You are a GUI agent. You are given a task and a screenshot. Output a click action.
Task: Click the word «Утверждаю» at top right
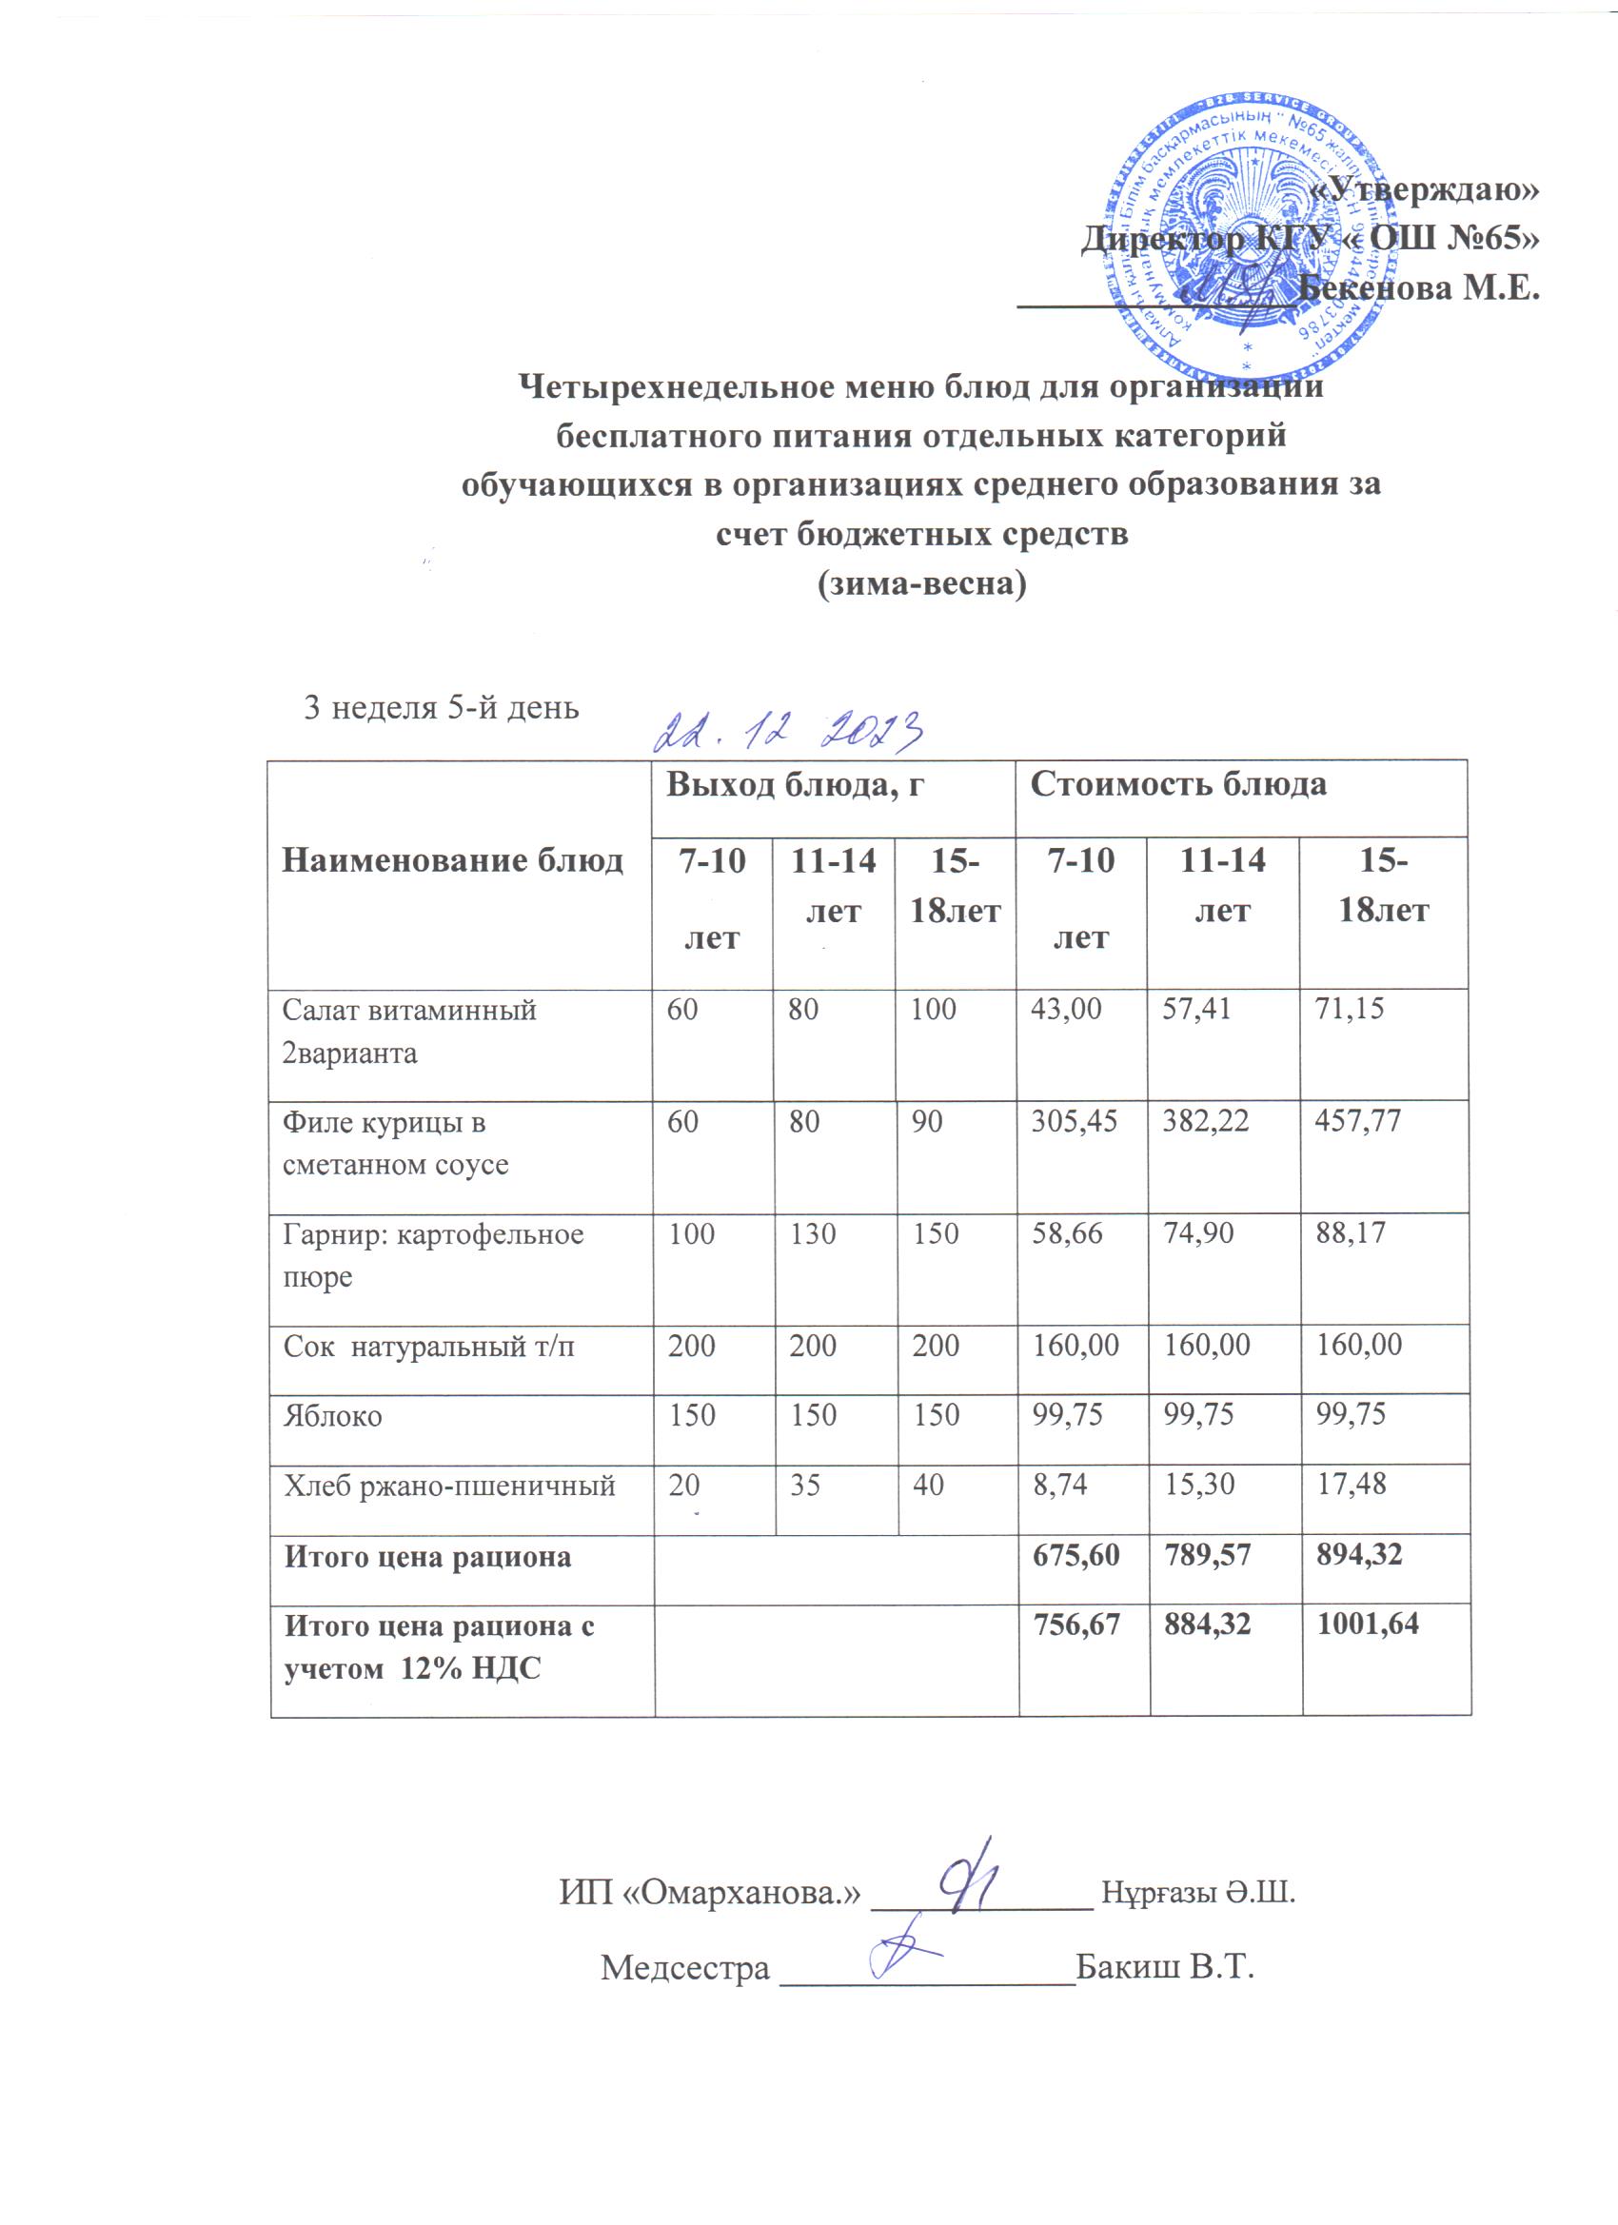pos(1425,188)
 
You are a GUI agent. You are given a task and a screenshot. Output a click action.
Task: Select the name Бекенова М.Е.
pos(1418,287)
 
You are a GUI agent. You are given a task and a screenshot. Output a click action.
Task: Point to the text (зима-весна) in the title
pos(921,583)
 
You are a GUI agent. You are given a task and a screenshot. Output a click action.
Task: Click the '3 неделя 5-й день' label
pos(442,706)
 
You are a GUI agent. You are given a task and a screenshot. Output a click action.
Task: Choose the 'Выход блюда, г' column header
pos(796,784)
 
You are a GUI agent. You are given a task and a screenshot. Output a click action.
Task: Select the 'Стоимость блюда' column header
pos(1178,784)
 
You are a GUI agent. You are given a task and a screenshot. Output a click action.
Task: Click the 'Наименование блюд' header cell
pos(452,860)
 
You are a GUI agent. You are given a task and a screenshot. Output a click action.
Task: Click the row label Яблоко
pos(332,1416)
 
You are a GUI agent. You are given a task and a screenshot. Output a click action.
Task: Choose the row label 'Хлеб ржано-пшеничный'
pos(449,1486)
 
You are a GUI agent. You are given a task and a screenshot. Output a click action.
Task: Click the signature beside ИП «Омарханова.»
pos(969,1875)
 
